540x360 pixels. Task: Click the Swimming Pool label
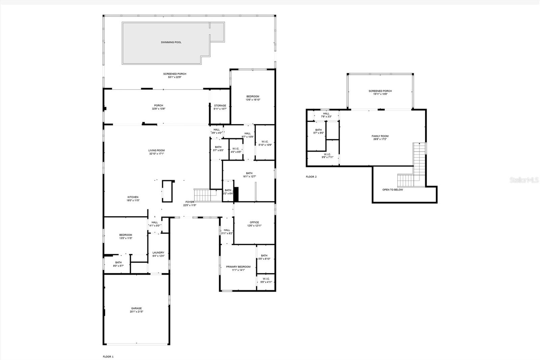click(x=171, y=42)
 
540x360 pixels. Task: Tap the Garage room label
click(x=136, y=308)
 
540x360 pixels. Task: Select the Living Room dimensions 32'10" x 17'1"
click(x=157, y=154)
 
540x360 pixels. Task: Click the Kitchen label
click(x=133, y=197)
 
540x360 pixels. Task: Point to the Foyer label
click(x=189, y=202)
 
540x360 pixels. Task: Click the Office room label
click(x=254, y=222)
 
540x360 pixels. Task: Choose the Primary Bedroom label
click(x=238, y=267)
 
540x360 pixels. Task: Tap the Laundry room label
click(x=158, y=253)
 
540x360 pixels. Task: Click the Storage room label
click(x=220, y=106)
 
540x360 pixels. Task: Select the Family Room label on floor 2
click(x=380, y=136)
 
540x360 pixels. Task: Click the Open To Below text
click(x=393, y=190)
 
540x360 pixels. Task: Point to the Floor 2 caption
click(x=311, y=177)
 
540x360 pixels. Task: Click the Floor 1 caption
click(x=108, y=357)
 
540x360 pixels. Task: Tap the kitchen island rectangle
click(x=167, y=191)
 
